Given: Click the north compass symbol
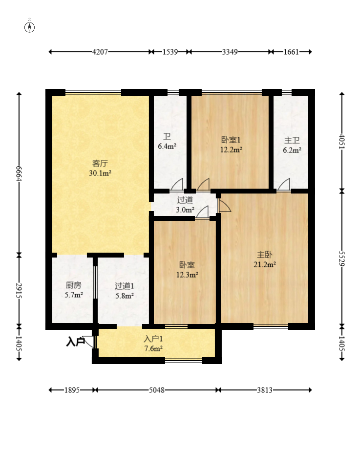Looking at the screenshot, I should pyautogui.click(x=29, y=27).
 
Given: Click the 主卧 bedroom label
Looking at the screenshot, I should pyautogui.click(x=265, y=255).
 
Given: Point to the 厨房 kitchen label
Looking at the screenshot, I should pyautogui.click(x=73, y=285).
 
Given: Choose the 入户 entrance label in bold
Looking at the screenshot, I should pyautogui.click(x=75, y=343).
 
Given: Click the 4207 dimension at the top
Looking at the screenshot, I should pyautogui.click(x=100, y=52).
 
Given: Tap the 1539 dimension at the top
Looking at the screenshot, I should pyautogui.click(x=170, y=52).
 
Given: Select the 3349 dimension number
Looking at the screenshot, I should pyautogui.click(x=230, y=52).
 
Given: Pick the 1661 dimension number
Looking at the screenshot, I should pyautogui.click(x=291, y=52).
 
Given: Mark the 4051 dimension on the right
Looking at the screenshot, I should pyautogui.click(x=341, y=142).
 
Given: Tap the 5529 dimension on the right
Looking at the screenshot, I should pyautogui.click(x=341, y=258).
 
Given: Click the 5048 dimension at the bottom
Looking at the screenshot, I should pyautogui.click(x=157, y=390).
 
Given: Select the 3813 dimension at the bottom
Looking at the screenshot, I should pyautogui.click(x=265, y=390).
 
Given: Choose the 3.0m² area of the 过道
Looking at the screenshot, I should pyautogui.click(x=185, y=210).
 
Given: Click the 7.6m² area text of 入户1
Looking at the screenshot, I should pyautogui.click(x=153, y=348).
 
